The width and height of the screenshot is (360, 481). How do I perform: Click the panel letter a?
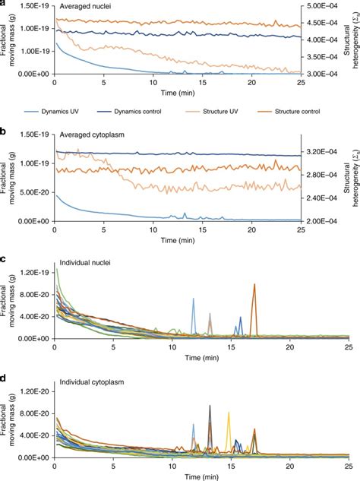(5, 5)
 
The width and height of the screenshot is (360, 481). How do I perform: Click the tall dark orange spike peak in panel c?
(254, 285)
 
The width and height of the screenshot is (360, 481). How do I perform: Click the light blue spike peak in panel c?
(194, 299)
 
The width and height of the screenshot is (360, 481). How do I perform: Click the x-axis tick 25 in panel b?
(301, 230)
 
